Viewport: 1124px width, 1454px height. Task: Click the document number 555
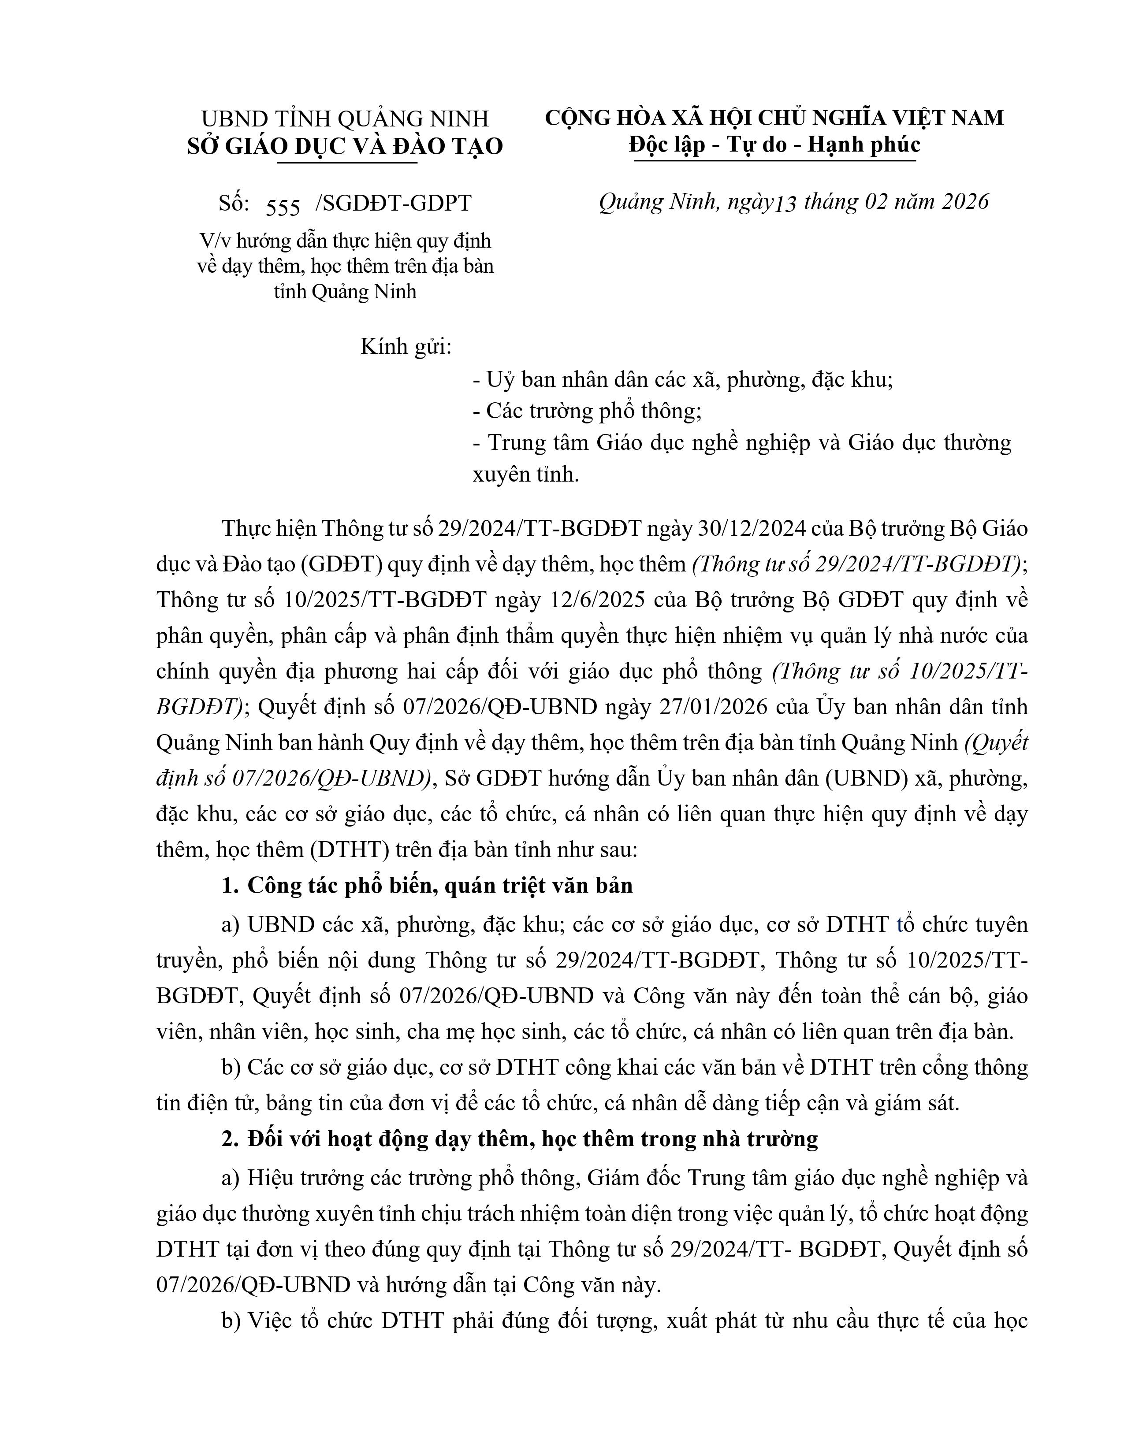(x=283, y=207)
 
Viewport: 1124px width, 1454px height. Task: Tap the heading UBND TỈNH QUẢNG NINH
(x=345, y=119)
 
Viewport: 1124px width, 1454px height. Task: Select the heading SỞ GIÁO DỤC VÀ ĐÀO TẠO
(x=345, y=146)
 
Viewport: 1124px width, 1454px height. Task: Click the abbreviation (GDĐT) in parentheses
(x=341, y=564)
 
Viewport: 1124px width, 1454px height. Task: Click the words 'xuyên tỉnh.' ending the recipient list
(x=525, y=475)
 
